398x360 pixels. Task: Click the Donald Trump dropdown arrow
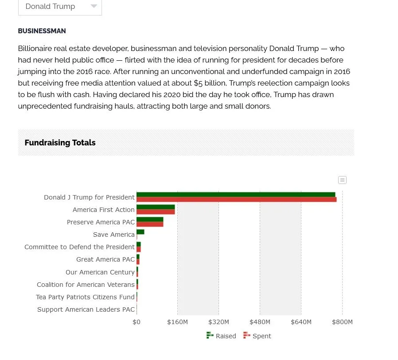94,6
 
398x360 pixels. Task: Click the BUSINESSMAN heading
42,31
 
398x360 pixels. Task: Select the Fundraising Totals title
60,143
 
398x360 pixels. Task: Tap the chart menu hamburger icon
342,180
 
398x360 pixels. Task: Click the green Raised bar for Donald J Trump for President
235,194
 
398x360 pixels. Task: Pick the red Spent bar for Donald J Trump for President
236,200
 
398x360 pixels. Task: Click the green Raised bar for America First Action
155,207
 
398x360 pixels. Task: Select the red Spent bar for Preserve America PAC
150,224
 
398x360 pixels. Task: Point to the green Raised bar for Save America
140,232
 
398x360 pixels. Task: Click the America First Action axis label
103,210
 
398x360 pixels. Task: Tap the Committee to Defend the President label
79,247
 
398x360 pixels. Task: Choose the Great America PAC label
105,259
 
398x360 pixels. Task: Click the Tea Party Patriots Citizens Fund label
85,297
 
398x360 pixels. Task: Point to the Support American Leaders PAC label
86,309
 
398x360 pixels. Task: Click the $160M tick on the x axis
177,322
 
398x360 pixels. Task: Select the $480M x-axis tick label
260,322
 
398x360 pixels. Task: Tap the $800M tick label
342,322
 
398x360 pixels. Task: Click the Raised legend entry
221,336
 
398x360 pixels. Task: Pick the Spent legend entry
257,336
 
